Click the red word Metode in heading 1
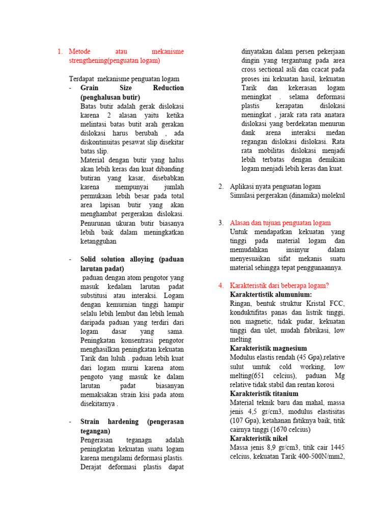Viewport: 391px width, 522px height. pos(79,51)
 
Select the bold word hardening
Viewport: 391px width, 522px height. pos(121,422)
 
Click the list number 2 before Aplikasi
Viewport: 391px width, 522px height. pos(221,187)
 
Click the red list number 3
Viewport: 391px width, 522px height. pos(221,223)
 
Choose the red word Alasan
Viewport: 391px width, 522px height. pos(241,223)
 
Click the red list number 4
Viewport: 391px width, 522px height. pos(221,285)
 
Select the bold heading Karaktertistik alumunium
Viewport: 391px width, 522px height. pos(271,295)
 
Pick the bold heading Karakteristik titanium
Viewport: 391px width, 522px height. pos(264,394)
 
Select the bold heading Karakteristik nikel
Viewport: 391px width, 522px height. pos(259,439)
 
